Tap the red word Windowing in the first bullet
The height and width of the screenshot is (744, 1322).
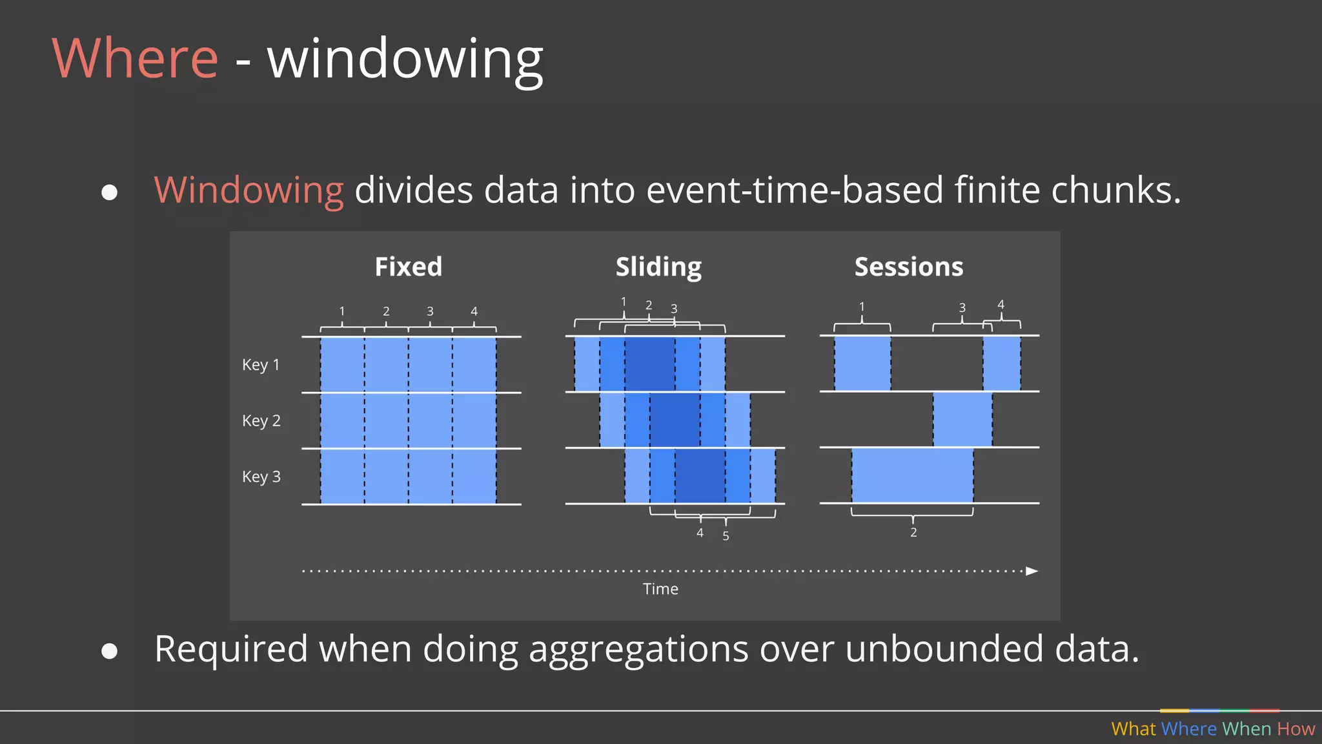point(249,191)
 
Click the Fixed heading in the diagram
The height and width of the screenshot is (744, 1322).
point(408,267)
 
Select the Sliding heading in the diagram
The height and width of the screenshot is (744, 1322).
point(658,267)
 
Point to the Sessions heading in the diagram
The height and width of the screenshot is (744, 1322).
point(908,267)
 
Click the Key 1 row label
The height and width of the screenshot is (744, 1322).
point(261,365)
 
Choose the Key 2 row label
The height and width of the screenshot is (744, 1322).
point(261,421)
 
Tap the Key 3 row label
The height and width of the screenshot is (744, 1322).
point(261,477)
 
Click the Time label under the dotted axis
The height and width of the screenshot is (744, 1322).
point(660,589)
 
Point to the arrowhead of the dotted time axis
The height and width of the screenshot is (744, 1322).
point(1032,571)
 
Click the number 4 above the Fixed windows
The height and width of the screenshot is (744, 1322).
point(474,311)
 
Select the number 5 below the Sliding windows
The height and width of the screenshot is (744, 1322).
point(726,536)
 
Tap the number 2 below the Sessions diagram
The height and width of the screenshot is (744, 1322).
point(913,533)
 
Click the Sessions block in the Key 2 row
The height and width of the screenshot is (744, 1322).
point(962,419)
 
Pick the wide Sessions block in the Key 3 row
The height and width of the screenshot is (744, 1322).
point(912,475)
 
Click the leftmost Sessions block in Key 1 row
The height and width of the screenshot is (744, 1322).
point(862,364)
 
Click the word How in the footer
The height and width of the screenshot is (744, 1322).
point(1296,729)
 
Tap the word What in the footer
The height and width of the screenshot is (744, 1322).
point(1134,729)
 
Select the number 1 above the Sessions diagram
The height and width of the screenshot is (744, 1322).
point(861,307)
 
